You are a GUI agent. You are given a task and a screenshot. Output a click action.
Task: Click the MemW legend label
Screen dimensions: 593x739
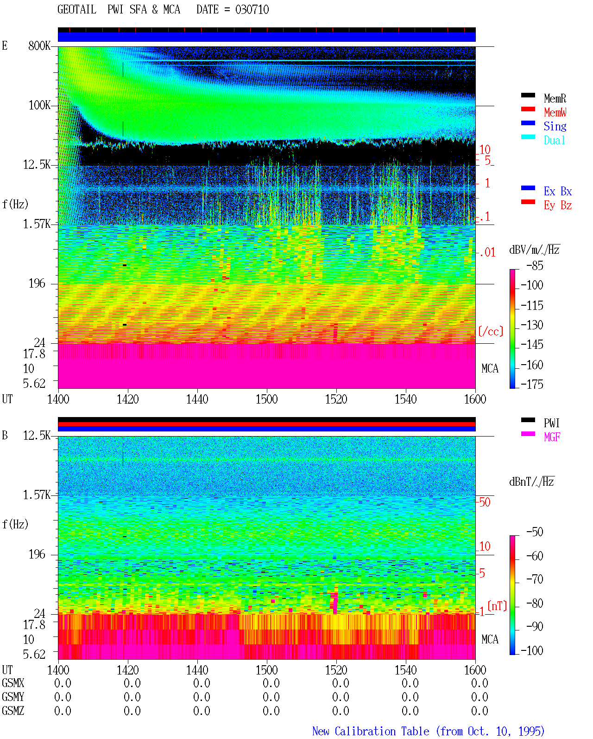click(x=555, y=112)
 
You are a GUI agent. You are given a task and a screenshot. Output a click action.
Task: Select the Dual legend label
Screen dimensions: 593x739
click(x=554, y=140)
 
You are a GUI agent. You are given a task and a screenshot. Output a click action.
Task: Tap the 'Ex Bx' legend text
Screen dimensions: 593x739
click(x=557, y=191)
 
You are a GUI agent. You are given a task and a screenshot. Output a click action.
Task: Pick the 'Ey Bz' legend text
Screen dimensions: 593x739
click(x=557, y=206)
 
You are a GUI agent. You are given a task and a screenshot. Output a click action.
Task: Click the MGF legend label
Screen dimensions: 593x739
click(x=552, y=437)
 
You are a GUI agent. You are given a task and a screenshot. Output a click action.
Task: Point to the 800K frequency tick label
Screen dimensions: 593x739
click(x=39, y=45)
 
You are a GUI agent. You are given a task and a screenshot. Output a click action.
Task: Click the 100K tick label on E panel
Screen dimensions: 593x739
click(x=39, y=105)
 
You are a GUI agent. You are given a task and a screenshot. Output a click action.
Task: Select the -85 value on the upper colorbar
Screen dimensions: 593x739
click(x=535, y=265)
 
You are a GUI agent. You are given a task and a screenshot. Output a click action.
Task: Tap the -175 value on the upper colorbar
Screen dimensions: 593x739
click(x=532, y=384)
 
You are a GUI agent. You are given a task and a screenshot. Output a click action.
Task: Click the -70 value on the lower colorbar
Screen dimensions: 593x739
click(x=535, y=579)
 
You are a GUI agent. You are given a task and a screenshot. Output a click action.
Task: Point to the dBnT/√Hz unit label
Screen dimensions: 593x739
click(x=531, y=482)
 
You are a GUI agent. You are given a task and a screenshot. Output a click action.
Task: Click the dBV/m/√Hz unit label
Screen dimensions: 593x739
click(x=534, y=250)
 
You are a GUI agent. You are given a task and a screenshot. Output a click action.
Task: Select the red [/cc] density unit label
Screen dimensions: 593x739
click(x=491, y=331)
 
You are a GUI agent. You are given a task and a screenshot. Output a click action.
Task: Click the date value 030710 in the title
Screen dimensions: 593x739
click(x=252, y=10)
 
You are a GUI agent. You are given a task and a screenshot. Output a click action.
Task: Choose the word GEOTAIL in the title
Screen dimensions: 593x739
click(x=77, y=10)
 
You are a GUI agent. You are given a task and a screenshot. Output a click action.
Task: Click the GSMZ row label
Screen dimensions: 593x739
click(x=13, y=711)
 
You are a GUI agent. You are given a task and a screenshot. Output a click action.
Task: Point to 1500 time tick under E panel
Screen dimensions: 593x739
click(x=266, y=399)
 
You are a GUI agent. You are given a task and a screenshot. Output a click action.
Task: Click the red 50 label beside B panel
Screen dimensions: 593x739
click(x=485, y=502)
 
